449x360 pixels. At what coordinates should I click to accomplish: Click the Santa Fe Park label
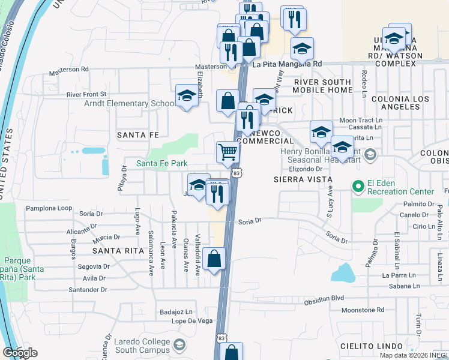(161, 163)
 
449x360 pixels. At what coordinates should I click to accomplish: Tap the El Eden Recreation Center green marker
(359, 187)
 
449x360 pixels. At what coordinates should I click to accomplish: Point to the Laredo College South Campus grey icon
(179, 344)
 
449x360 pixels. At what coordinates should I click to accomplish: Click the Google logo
(20, 353)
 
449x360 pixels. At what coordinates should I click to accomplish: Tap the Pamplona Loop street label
(49, 209)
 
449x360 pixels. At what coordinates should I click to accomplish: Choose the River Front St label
(86, 94)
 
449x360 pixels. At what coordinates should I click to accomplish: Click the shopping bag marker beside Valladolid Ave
(214, 259)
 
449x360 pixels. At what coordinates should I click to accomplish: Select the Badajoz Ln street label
(176, 312)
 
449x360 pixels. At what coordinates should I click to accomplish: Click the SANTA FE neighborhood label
(137, 135)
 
